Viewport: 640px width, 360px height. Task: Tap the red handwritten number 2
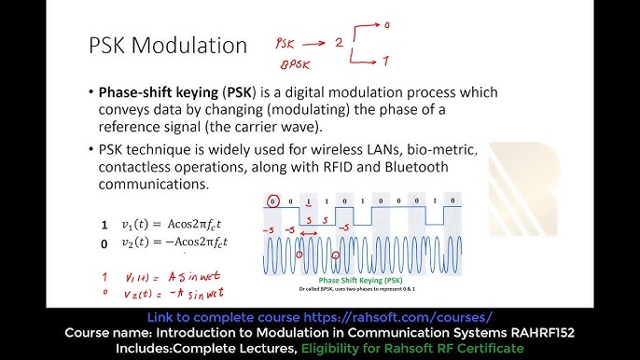[x=340, y=42]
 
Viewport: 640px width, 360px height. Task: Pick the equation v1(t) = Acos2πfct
[x=174, y=224]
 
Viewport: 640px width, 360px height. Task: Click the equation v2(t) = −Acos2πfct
[x=175, y=242]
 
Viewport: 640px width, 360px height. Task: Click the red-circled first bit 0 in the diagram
[x=272, y=201]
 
